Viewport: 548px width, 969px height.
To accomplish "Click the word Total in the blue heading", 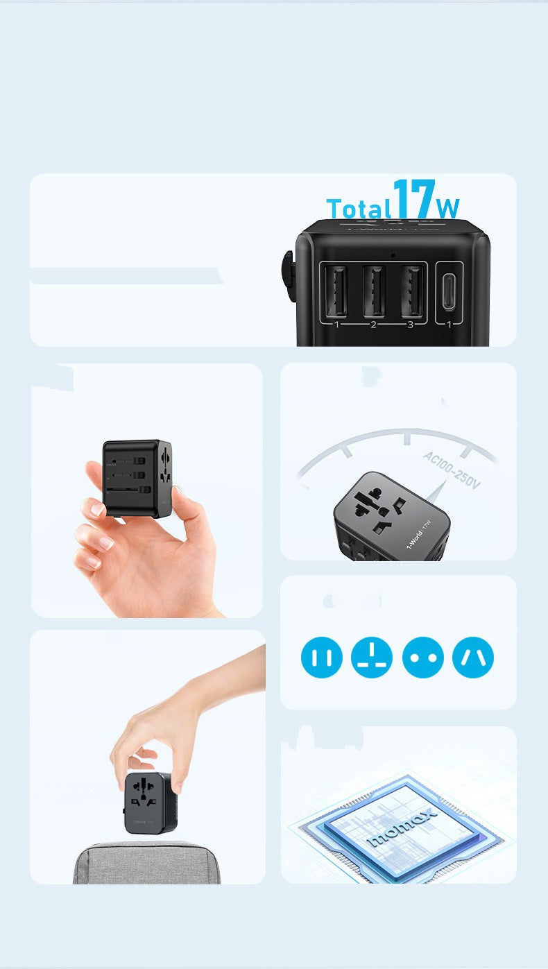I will [359, 209].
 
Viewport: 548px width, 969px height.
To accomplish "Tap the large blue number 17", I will [414, 199].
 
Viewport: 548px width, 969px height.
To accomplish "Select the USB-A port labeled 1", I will [337, 291].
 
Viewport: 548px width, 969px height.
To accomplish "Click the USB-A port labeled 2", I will [374, 291].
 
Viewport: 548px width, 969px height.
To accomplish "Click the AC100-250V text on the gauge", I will [452, 470].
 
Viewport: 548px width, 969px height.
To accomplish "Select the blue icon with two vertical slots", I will [322, 658].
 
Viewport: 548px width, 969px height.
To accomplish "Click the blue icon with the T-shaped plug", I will [372, 658].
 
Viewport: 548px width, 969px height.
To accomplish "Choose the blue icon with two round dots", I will [422, 658].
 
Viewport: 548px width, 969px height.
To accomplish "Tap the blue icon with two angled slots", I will [473, 658].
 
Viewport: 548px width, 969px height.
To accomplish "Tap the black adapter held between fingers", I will [137, 478].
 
